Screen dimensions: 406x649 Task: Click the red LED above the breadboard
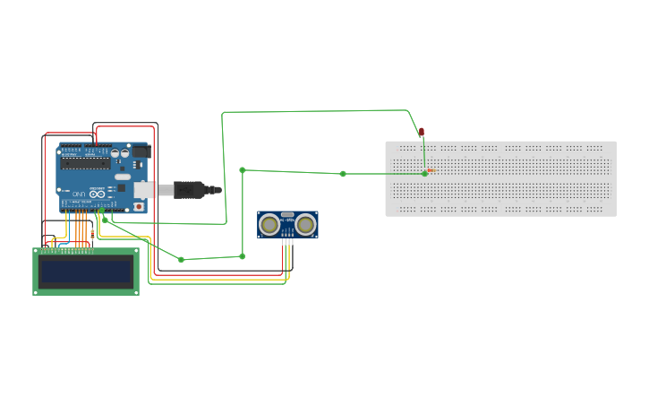pyautogui.click(x=421, y=133)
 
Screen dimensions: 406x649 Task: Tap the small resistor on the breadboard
pyautogui.click(x=431, y=169)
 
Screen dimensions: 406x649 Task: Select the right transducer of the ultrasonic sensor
pyautogui.click(x=307, y=224)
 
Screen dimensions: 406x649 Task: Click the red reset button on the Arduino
pyautogui.click(x=139, y=207)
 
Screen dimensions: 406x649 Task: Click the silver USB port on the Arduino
pyautogui.click(x=144, y=189)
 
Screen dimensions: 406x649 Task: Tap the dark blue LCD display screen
pyautogui.click(x=86, y=272)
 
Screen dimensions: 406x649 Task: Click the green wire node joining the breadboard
pyautogui.click(x=424, y=174)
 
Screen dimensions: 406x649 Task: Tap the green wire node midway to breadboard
pyautogui.click(x=343, y=174)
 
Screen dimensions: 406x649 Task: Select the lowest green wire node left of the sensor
pyautogui.click(x=181, y=260)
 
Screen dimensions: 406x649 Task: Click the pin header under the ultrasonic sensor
pyautogui.click(x=287, y=241)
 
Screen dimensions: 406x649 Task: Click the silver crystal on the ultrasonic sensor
pyautogui.click(x=287, y=215)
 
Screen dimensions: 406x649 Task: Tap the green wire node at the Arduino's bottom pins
pyautogui.click(x=105, y=219)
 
